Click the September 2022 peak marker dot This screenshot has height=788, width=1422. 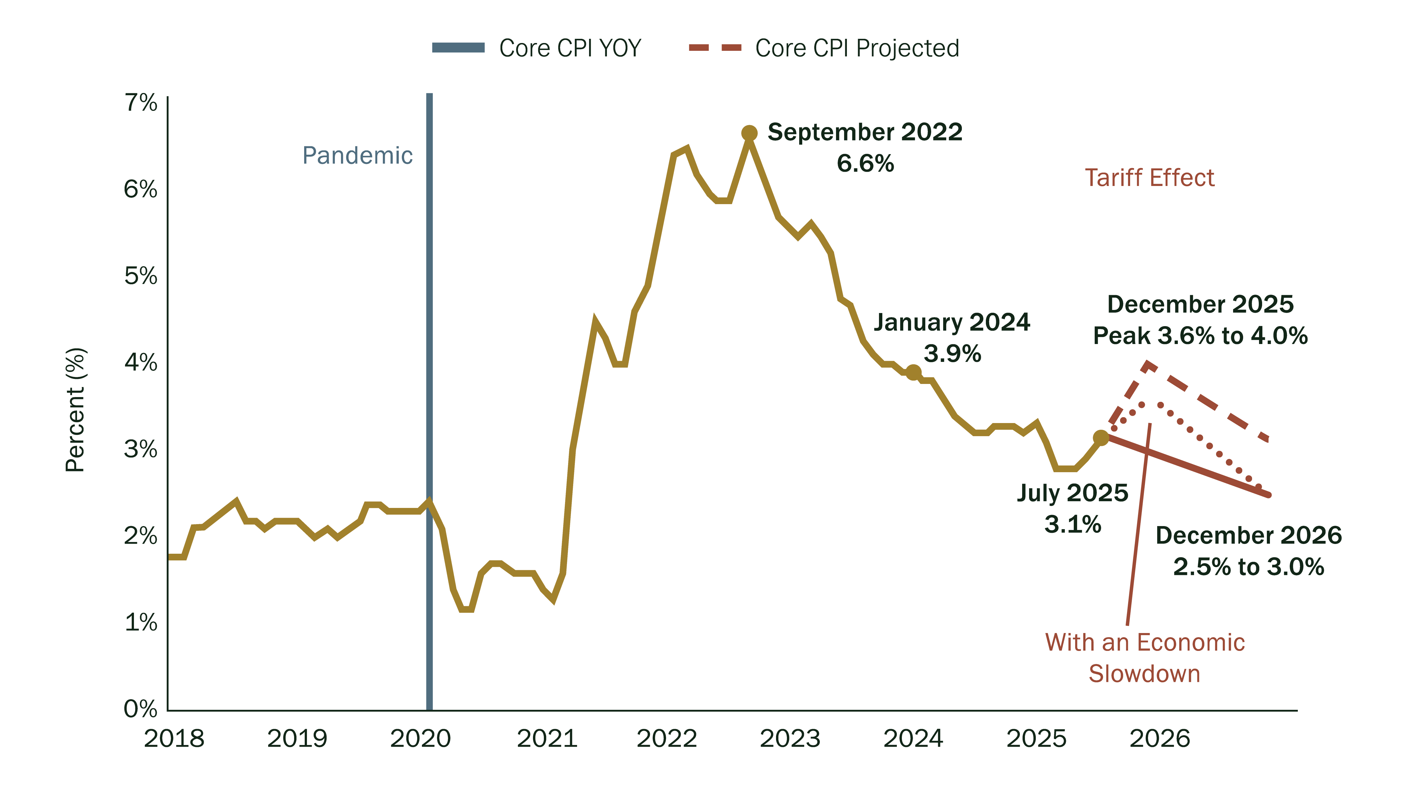click(x=749, y=133)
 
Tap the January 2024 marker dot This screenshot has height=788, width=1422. click(x=914, y=372)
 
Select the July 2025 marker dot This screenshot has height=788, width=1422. click(x=1101, y=438)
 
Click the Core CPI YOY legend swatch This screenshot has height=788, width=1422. click(x=458, y=48)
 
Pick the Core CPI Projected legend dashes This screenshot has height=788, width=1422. click(x=715, y=48)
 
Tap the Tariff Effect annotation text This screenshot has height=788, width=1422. click(x=1150, y=178)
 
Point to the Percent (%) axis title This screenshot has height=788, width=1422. click(x=75, y=410)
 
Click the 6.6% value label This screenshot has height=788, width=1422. click(x=865, y=163)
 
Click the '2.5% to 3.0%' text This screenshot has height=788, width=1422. click(x=1249, y=567)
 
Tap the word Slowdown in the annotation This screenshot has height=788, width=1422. click(x=1144, y=674)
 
